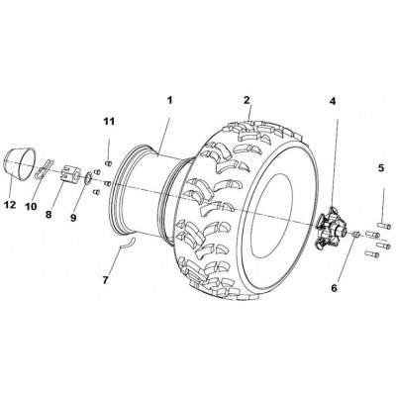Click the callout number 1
pyautogui.click(x=169, y=100)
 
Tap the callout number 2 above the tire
pyautogui.click(x=247, y=100)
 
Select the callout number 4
pyautogui.click(x=333, y=102)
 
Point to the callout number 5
pyautogui.click(x=381, y=168)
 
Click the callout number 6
pyautogui.click(x=335, y=288)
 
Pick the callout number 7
pyautogui.click(x=105, y=280)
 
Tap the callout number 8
pyautogui.click(x=49, y=215)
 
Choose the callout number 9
pyautogui.click(x=73, y=218)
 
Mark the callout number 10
pyautogui.click(x=31, y=207)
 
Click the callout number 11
pyautogui.click(x=109, y=122)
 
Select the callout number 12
pyautogui.click(x=10, y=205)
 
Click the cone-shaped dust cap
pyautogui.click(x=20, y=164)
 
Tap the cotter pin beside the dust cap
pyautogui.click(x=44, y=168)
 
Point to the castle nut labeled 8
pyautogui.click(x=70, y=173)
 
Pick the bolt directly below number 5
pyautogui.click(x=385, y=226)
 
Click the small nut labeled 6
pyautogui.click(x=355, y=234)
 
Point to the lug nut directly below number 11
pyautogui.click(x=108, y=163)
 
